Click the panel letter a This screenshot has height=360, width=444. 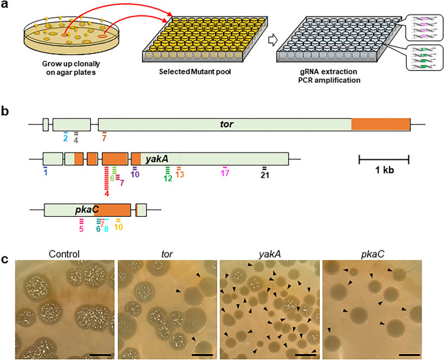[5, 6]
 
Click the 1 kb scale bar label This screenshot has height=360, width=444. [384, 170]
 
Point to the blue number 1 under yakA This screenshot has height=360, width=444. [46, 173]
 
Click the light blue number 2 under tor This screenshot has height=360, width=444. [65, 139]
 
